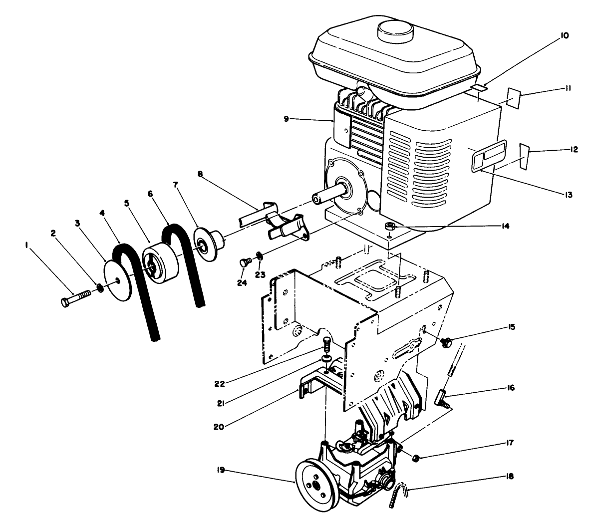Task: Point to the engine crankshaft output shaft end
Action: click(x=316, y=199)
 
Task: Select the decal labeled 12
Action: click(x=524, y=156)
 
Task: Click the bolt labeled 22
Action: click(x=327, y=344)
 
